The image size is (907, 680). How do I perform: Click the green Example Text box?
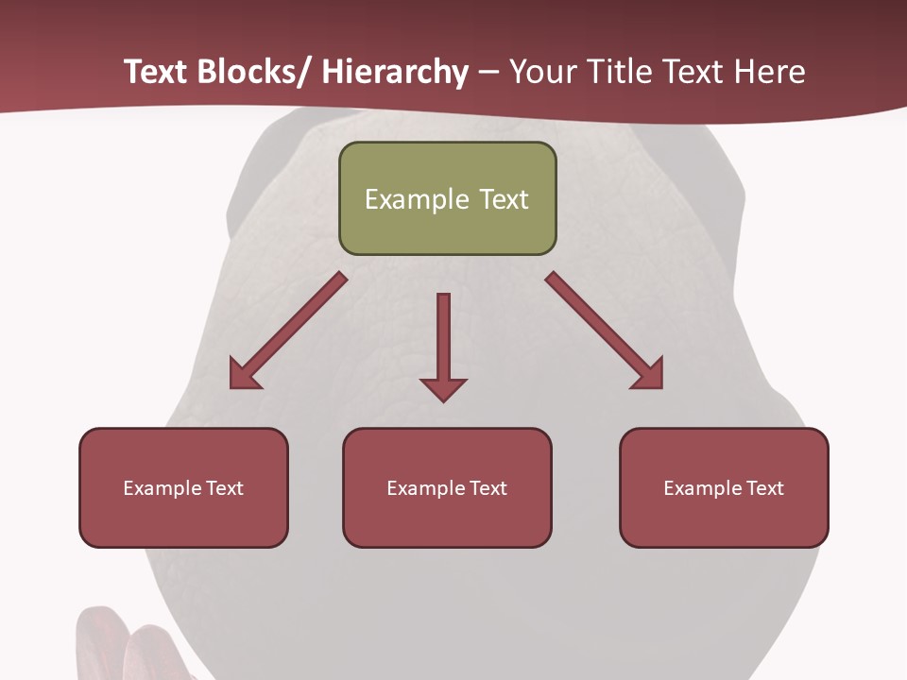447,198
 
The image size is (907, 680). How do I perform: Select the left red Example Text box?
183,487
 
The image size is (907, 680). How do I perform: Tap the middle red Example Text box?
447,487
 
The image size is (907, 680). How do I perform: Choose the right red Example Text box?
724,487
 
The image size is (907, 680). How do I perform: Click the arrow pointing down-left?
288,331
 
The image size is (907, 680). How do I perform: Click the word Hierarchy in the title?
394,72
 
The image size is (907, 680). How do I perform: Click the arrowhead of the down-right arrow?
647,374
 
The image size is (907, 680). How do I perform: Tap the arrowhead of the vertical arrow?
443,388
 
